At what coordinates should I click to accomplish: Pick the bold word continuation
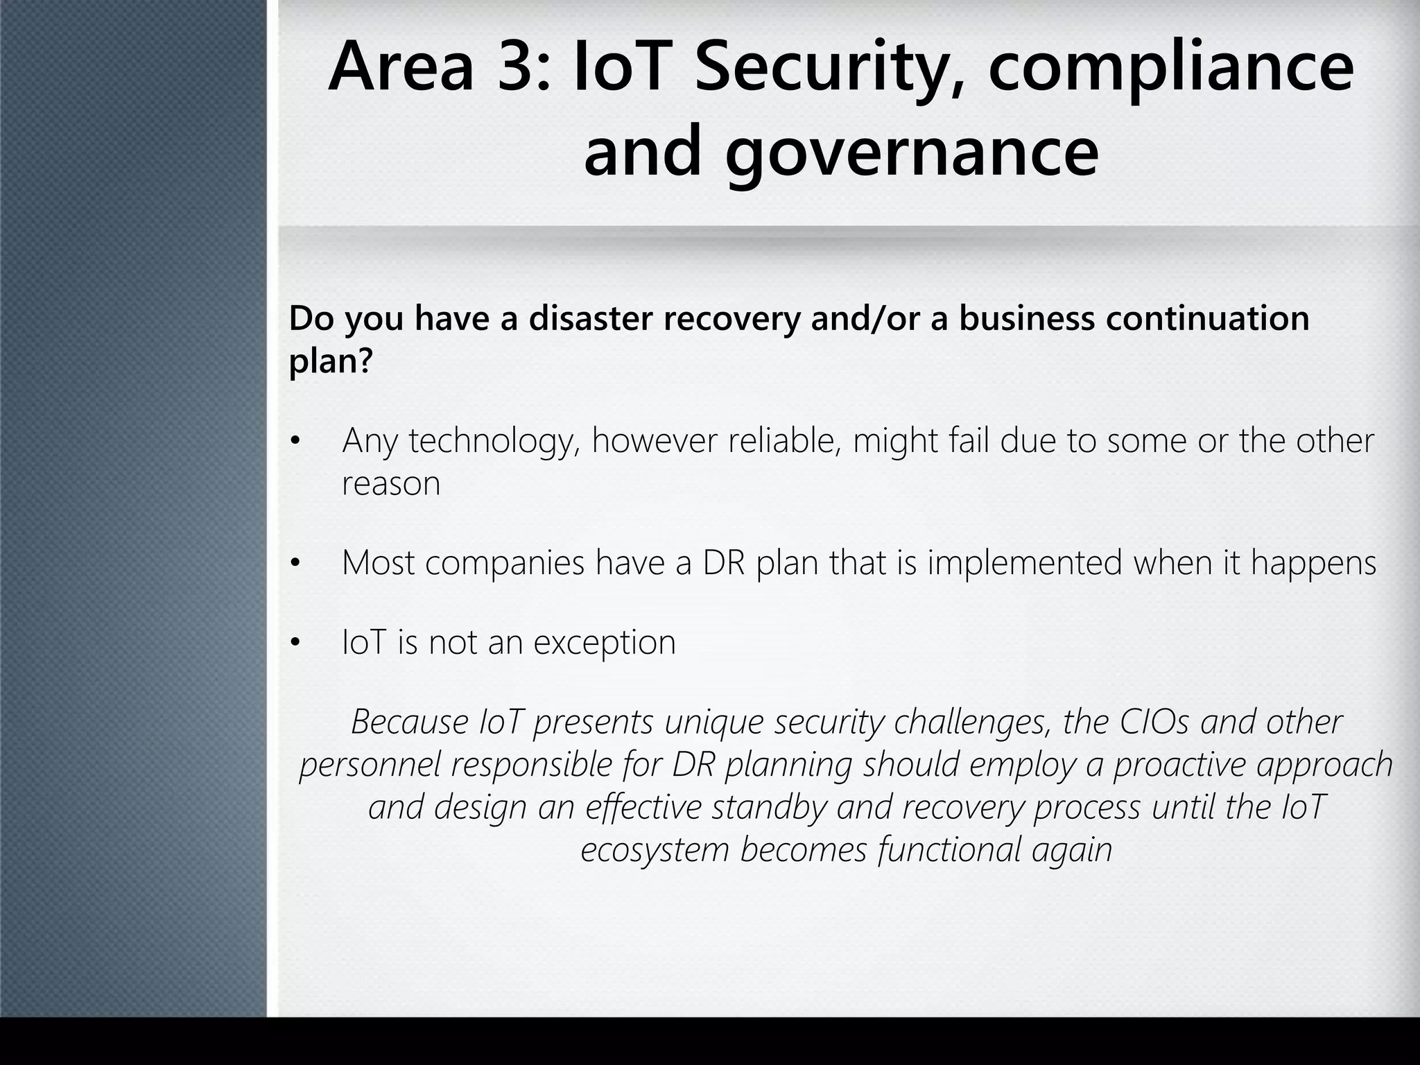click(1207, 318)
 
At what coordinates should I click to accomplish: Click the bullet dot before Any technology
click(296, 442)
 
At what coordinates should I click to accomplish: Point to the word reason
click(391, 484)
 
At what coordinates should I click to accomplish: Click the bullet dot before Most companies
click(296, 563)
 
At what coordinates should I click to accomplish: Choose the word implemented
click(1024, 562)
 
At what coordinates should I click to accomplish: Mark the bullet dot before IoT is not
click(296, 643)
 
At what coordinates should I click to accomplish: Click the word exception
click(604, 643)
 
